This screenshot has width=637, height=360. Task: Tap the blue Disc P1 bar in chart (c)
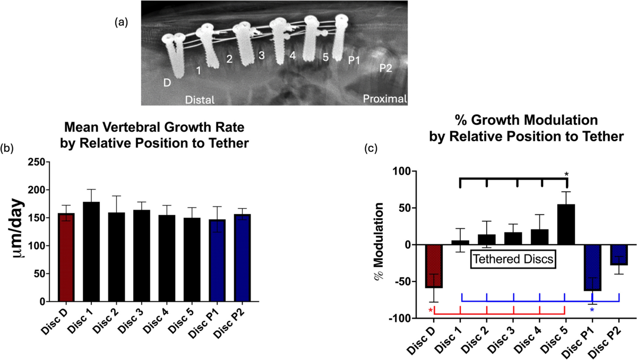pyautogui.click(x=592, y=268)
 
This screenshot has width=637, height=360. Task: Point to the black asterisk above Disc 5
pyautogui.click(x=566, y=174)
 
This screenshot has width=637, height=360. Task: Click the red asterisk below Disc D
pyautogui.click(x=431, y=311)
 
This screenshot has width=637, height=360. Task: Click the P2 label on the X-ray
pyautogui.click(x=384, y=67)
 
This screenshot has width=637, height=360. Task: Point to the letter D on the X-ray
pyautogui.click(x=168, y=82)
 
